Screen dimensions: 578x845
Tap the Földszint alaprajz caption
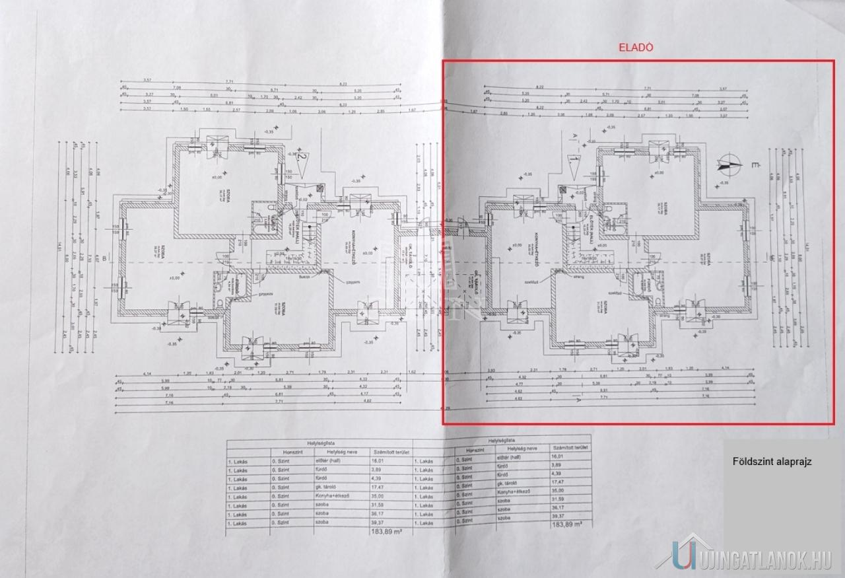pyautogui.click(x=772, y=462)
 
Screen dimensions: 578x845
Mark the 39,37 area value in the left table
pyautogui.click(x=378, y=521)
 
